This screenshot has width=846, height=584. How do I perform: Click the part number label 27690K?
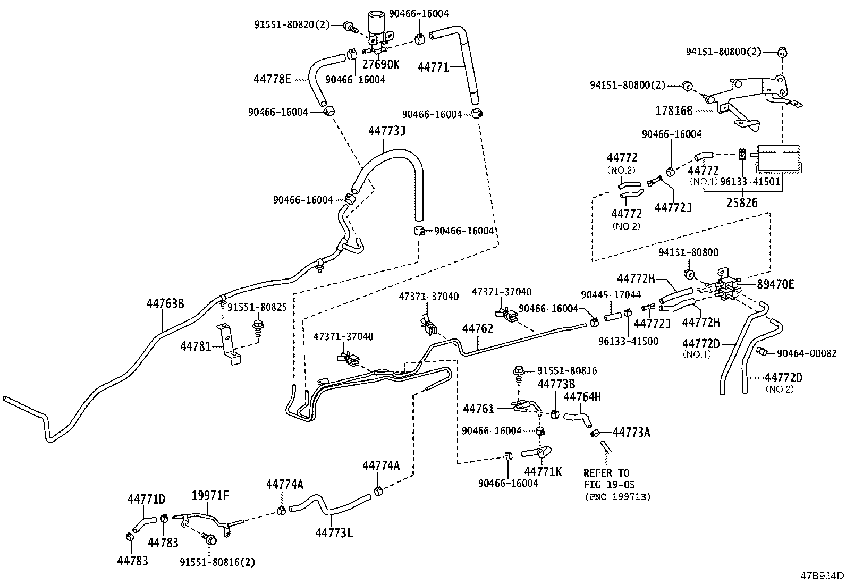coord(380,65)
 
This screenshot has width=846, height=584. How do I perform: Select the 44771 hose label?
coord(433,67)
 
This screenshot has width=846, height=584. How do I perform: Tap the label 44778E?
coord(272,80)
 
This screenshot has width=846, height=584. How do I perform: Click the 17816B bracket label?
coord(674,111)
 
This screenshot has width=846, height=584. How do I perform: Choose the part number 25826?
coord(742,203)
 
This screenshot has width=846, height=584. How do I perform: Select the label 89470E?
coord(775,285)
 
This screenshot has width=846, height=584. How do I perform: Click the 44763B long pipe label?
coord(165,303)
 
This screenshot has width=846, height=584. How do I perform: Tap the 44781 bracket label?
coord(196,346)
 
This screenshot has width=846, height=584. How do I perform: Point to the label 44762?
coord(477,328)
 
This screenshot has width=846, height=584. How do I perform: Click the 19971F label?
coord(210,496)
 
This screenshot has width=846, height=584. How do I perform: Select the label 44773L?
coord(333,532)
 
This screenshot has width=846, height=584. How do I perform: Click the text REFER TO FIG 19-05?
coord(609,479)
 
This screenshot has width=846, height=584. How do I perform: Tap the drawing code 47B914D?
coord(823,575)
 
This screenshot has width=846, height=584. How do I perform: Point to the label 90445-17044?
coord(611,294)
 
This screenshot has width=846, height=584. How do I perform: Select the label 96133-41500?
coord(628,341)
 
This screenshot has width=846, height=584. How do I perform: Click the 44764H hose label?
coord(582,397)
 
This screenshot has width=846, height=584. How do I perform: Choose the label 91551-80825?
coord(257,308)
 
